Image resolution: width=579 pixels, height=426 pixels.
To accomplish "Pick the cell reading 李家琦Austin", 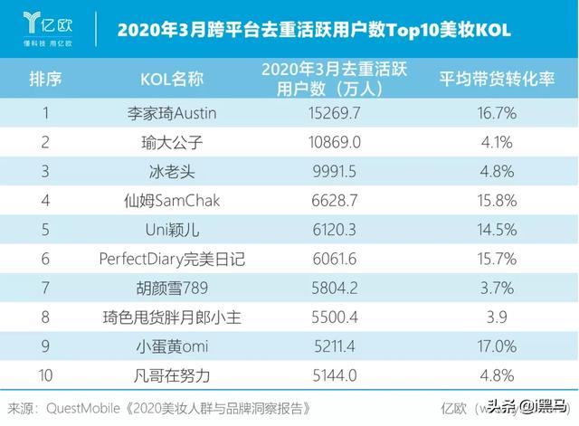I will (x=172, y=115).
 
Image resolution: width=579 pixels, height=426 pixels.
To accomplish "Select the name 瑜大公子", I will (x=172, y=143).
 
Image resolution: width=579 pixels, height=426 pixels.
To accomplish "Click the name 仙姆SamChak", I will (x=172, y=201).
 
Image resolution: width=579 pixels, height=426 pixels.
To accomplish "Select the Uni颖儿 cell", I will (x=172, y=230).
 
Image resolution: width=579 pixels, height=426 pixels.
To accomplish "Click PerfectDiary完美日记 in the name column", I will (x=172, y=259).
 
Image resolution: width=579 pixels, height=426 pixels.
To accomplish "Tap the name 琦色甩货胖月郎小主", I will (x=172, y=317).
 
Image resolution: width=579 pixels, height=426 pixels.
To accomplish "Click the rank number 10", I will (x=45, y=374).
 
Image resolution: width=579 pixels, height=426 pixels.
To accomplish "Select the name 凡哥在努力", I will (x=172, y=374).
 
